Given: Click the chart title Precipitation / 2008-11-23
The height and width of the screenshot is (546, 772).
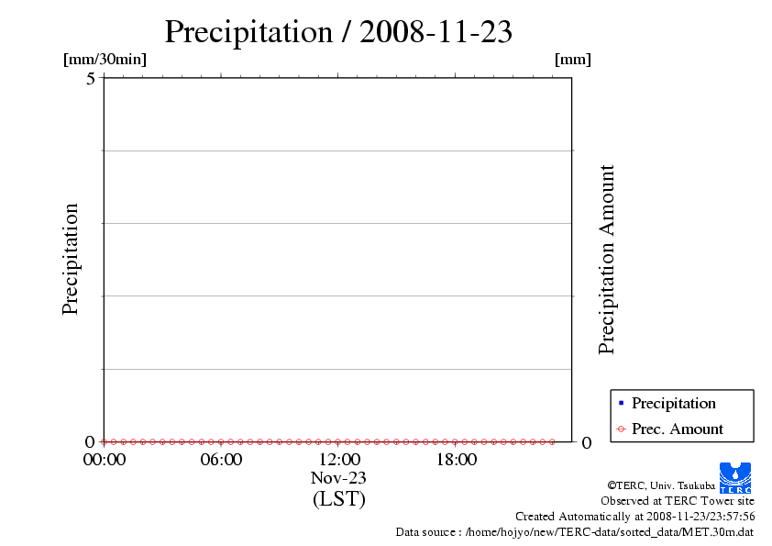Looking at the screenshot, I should tap(337, 31).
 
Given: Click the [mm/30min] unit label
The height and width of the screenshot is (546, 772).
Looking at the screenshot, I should tap(105, 60).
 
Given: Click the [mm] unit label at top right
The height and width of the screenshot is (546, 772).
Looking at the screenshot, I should tap(573, 60).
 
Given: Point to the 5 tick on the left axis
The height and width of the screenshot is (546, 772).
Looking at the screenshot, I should tap(91, 78).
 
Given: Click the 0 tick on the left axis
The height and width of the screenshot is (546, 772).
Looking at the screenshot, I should tap(91, 441).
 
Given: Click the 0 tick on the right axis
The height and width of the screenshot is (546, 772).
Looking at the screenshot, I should tap(587, 442).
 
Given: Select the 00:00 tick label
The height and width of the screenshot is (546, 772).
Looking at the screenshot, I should tap(104, 460).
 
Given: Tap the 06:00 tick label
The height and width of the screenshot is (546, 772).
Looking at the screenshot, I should tap(221, 460).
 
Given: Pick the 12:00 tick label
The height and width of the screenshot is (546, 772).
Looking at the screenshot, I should tap(338, 460).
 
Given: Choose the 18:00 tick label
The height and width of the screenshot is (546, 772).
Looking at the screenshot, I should tap(456, 460).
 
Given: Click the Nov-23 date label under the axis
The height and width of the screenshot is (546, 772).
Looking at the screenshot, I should tap(338, 478).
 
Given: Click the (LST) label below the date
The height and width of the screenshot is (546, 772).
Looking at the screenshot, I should tap(338, 499).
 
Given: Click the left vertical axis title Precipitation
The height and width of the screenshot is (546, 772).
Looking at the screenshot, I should tap(71, 259).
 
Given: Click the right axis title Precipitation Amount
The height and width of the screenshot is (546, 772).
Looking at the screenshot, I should tap(606, 260).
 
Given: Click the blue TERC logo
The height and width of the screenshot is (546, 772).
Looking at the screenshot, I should tap(734, 477).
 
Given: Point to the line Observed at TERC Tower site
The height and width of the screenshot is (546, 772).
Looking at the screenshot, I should tap(678, 501).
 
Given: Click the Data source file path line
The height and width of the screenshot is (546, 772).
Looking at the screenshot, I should tap(575, 531).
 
